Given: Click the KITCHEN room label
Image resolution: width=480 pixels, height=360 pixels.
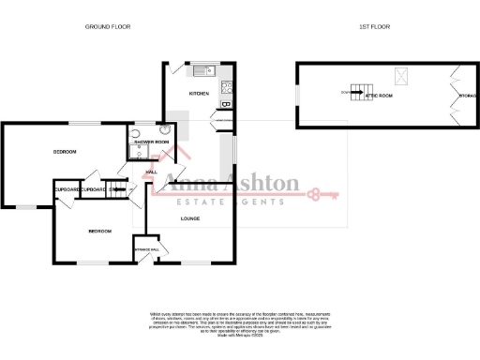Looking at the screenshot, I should (x=199, y=94).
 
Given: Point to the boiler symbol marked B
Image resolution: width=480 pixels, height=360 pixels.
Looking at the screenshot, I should (x=225, y=104).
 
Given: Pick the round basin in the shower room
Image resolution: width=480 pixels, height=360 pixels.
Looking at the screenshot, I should (x=136, y=133).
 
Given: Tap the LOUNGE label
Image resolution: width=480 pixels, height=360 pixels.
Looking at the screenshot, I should (x=190, y=219).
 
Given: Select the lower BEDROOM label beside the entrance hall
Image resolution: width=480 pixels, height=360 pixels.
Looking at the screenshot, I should (x=100, y=231).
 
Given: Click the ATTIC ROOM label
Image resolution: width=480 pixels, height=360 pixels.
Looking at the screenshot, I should (x=379, y=96).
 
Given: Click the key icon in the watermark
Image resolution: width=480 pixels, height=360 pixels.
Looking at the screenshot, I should (x=324, y=195).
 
